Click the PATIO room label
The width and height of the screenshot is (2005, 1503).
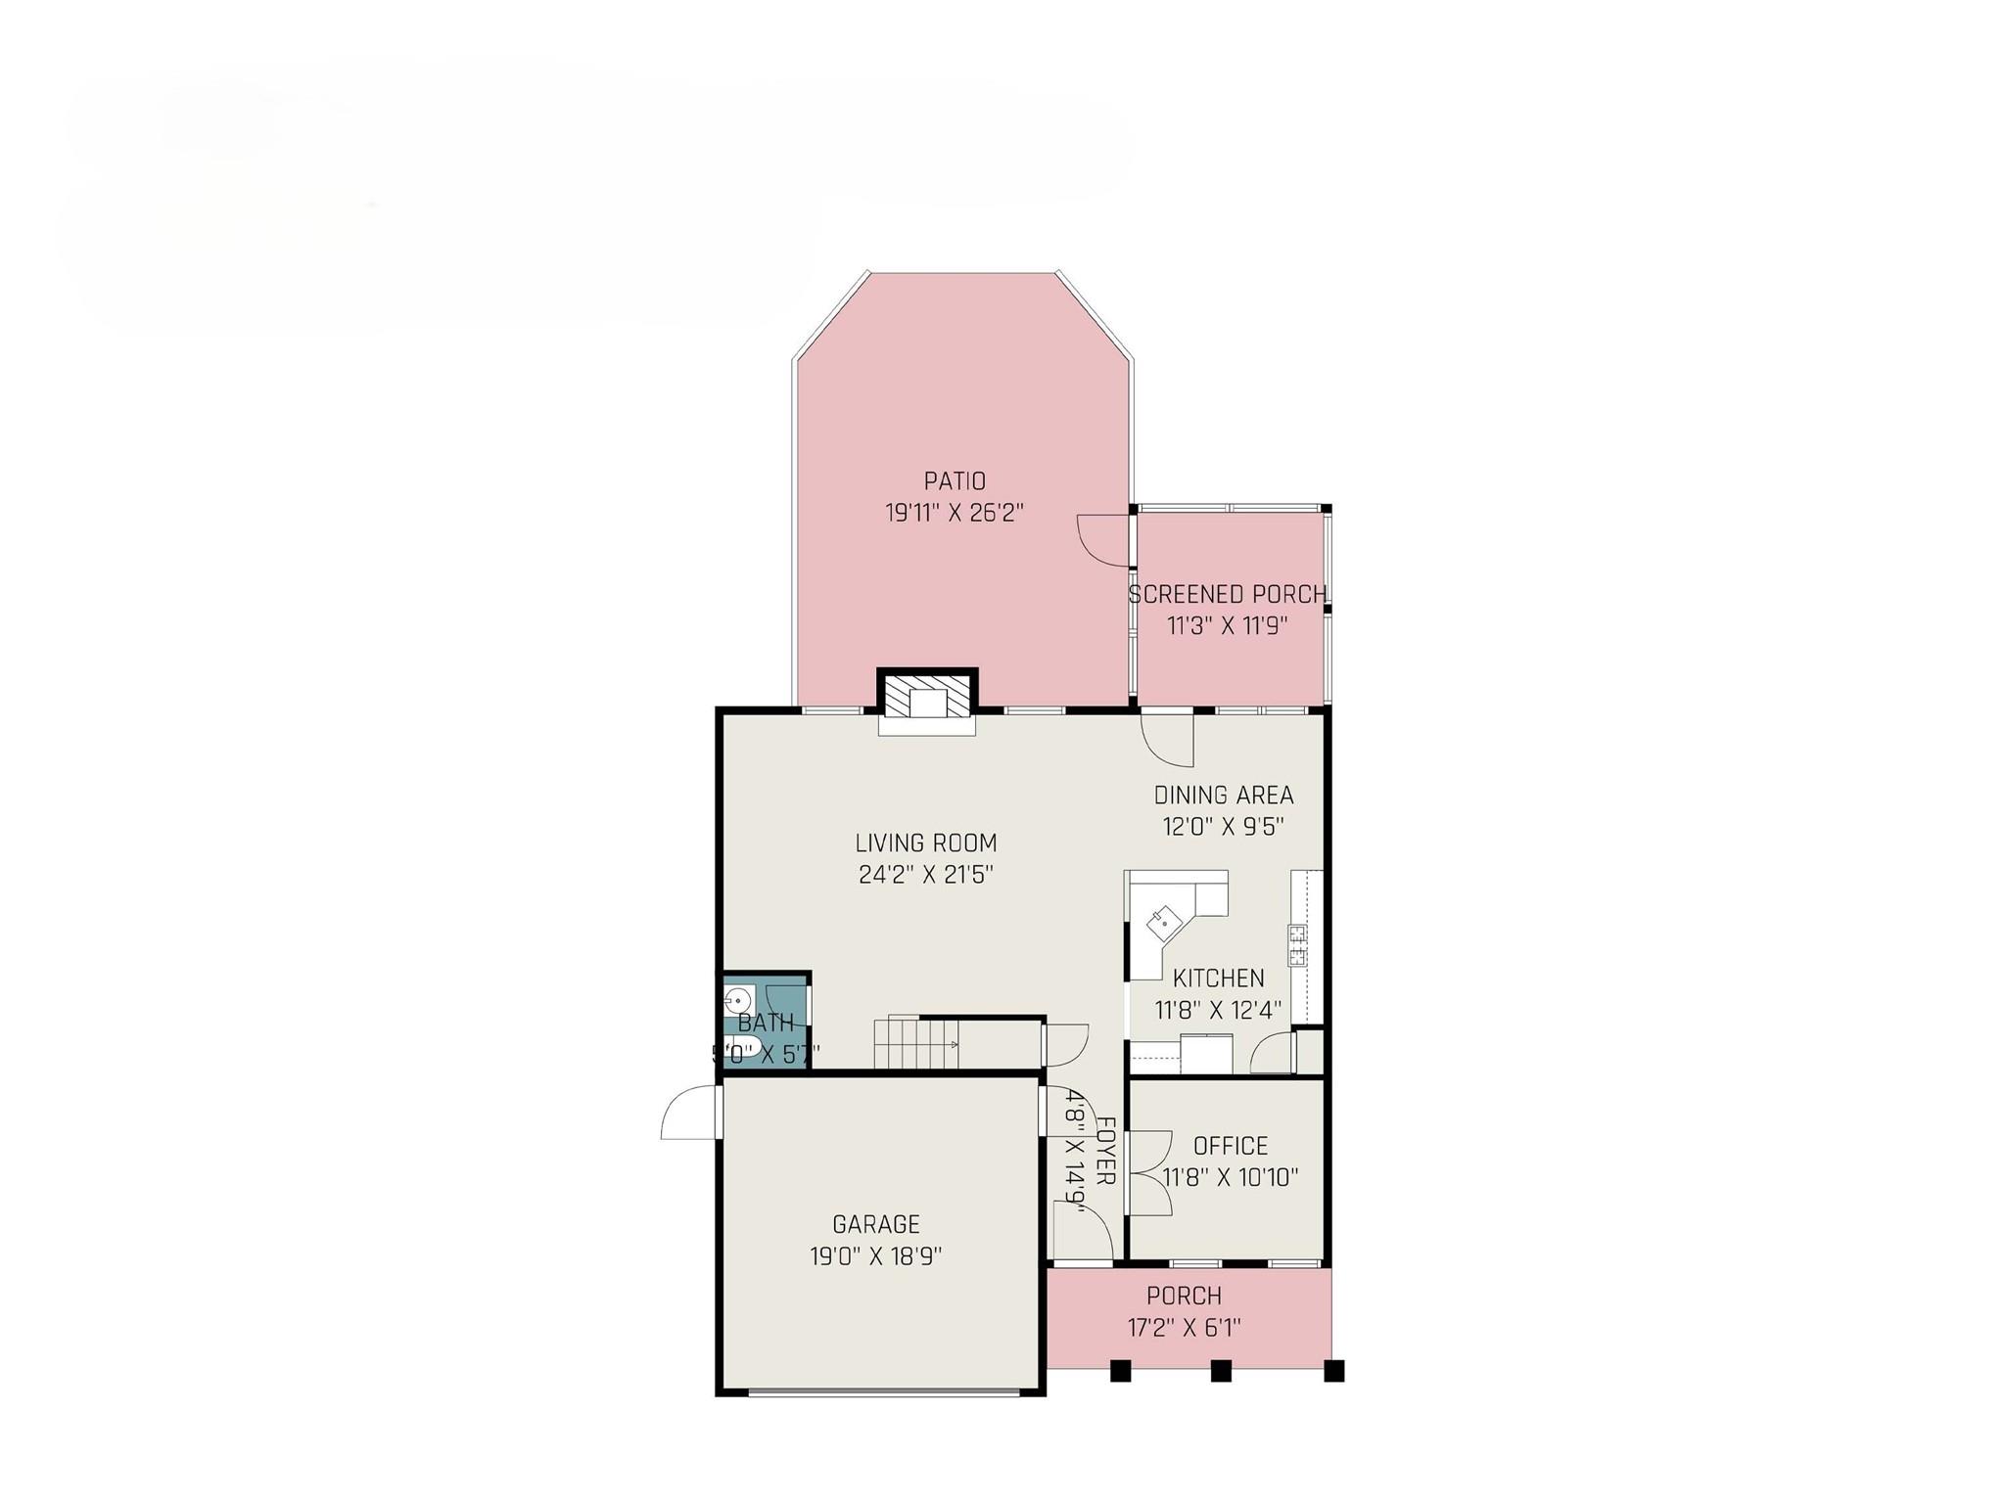click(955, 481)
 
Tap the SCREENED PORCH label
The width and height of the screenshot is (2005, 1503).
click(1228, 594)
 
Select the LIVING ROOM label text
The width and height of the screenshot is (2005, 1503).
click(926, 843)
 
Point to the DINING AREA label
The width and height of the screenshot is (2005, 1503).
click(1224, 795)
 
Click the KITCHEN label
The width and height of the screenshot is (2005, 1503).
click(1219, 978)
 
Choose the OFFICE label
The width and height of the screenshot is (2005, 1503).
click(1231, 1146)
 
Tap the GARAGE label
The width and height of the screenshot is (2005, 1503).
click(876, 1224)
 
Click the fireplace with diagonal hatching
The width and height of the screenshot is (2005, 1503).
click(926, 697)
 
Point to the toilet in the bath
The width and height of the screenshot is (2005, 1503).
click(742, 1046)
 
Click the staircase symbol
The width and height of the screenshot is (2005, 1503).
click(915, 1044)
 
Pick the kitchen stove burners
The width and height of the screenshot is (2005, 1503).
click(1298, 946)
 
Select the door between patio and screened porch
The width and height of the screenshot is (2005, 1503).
click(1103, 541)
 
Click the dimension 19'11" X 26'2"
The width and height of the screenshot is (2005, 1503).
click(955, 513)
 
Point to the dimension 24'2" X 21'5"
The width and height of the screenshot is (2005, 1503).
click(926, 874)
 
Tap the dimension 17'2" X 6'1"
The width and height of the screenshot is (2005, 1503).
click(1184, 1327)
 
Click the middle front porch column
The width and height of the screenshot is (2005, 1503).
click(1220, 1371)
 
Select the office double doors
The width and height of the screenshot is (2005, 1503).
click(1149, 1173)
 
